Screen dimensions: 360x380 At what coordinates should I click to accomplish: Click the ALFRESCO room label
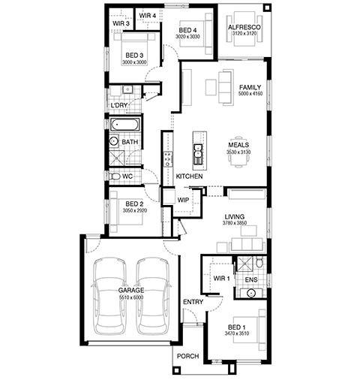(244, 27)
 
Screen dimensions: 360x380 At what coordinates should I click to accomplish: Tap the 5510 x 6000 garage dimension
(131, 297)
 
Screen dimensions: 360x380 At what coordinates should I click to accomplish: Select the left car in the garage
(109, 296)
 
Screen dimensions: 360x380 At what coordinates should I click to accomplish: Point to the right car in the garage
(153, 296)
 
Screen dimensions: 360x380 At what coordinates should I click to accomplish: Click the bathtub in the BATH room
(124, 125)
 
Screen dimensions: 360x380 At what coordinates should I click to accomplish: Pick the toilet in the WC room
(115, 176)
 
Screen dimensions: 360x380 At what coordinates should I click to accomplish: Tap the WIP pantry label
(183, 200)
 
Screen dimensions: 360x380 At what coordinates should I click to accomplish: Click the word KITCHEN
(189, 176)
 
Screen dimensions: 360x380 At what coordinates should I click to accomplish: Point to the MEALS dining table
(238, 152)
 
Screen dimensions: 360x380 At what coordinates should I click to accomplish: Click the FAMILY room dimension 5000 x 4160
(250, 94)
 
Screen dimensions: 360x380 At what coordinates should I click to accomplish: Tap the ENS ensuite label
(251, 279)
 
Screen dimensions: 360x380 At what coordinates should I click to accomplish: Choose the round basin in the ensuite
(250, 293)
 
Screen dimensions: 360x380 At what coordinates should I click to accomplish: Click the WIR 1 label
(221, 278)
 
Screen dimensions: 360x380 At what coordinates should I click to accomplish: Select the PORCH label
(187, 356)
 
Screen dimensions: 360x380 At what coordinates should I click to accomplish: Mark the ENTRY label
(193, 302)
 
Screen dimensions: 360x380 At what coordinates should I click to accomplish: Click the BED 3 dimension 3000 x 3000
(134, 62)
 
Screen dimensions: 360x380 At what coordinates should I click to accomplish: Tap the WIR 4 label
(148, 16)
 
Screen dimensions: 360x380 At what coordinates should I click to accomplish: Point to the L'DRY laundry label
(119, 105)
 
